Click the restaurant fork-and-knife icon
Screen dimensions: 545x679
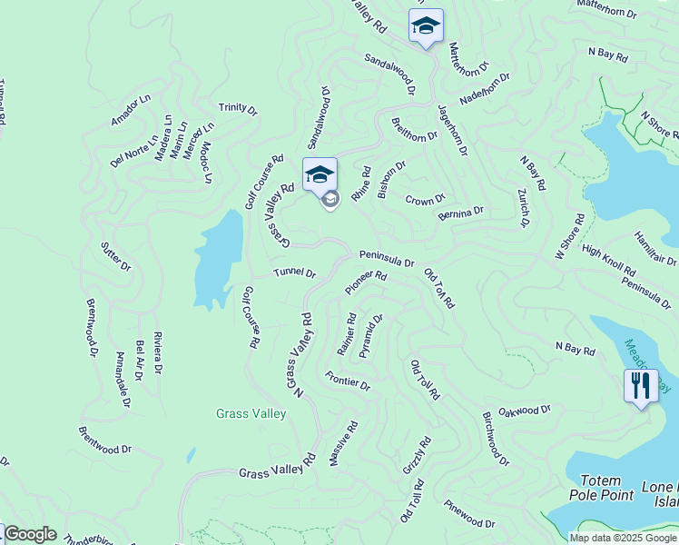pos(641,385)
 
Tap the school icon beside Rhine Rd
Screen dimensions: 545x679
pos(320,174)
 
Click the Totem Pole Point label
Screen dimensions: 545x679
pos(595,488)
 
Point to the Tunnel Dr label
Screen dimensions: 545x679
pos(294,273)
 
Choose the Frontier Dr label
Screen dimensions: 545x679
pos(348,383)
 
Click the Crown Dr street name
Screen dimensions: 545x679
pos(425,200)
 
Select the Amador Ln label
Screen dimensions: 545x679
pos(130,110)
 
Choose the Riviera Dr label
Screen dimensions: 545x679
pos(157,352)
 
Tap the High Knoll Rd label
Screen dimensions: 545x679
pos(608,261)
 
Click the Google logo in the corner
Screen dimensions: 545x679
pos(30,534)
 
